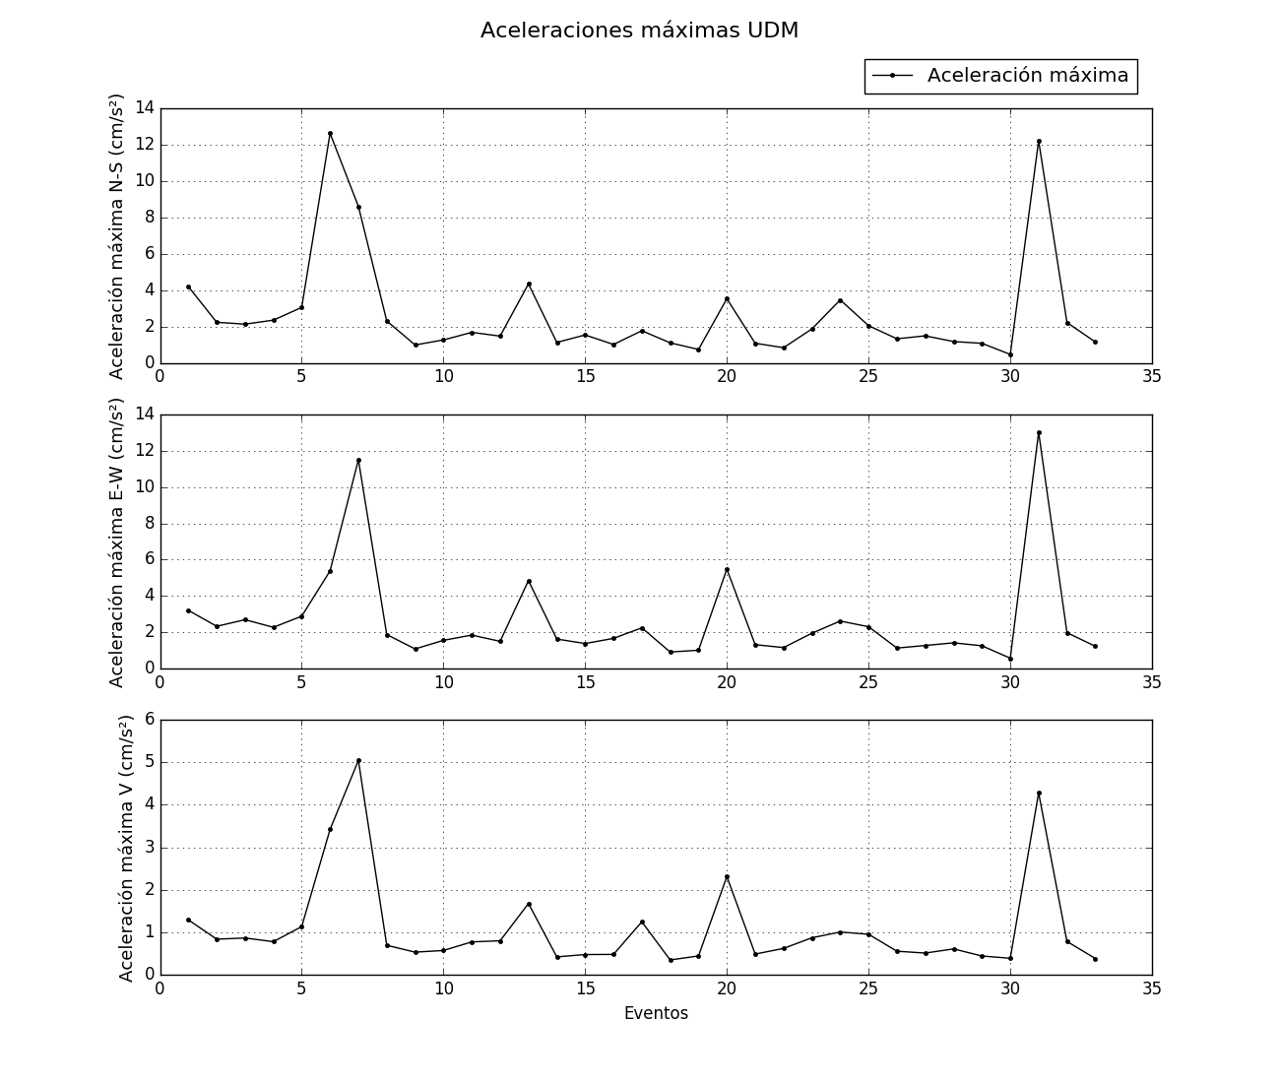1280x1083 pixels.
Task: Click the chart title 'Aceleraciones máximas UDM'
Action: pos(639,31)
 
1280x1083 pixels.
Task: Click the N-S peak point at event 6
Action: pos(330,133)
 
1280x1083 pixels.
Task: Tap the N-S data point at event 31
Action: pos(1039,141)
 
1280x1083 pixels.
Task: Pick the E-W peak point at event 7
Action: pos(358,460)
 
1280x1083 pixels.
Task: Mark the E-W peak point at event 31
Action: pos(1039,432)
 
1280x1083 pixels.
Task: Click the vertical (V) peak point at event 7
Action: pos(358,760)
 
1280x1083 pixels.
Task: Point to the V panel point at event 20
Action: pos(727,876)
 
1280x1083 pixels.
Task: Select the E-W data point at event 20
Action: pos(727,569)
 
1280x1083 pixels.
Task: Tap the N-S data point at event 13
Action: pos(529,284)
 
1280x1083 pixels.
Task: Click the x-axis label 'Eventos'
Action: pos(656,1013)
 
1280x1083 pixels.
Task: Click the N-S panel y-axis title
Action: pos(117,236)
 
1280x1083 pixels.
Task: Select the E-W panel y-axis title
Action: pos(117,541)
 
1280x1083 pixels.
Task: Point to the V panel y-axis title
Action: pos(126,848)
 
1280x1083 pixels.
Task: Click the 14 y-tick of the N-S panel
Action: pos(145,107)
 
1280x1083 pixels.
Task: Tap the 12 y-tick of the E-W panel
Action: pos(145,450)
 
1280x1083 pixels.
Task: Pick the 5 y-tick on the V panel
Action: pos(150,762)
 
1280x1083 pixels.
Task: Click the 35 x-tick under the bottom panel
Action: pos(1151,988)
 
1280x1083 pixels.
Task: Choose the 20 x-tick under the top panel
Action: pos(727,376)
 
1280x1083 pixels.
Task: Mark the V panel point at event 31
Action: pos(1039,793)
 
